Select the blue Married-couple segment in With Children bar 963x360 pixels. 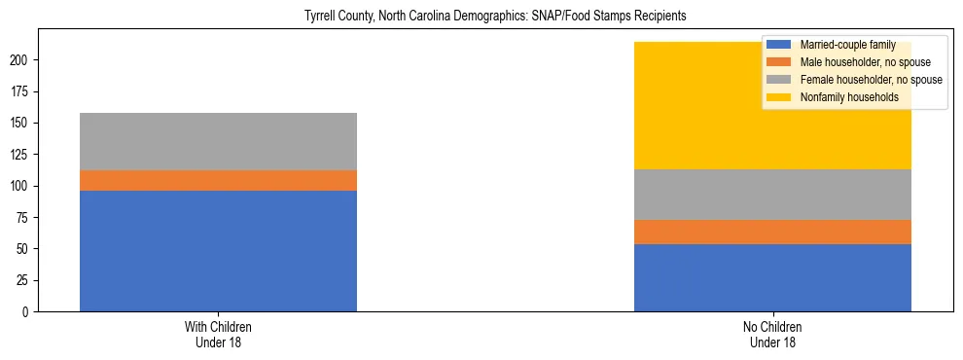click(x=218, y=251)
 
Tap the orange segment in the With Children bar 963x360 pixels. click(x=218, y=180)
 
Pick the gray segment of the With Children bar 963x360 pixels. click(x=218, y=141)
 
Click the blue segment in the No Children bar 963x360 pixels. click(x=772, y=277)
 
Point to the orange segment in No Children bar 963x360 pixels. click(x=772, y=232)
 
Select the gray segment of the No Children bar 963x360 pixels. click(x=772, y=195)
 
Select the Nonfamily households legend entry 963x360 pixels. click(x=848, y=97)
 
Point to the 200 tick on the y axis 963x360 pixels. click(x=22, y=60)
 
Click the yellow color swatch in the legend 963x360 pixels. click(x=779, y=97)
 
